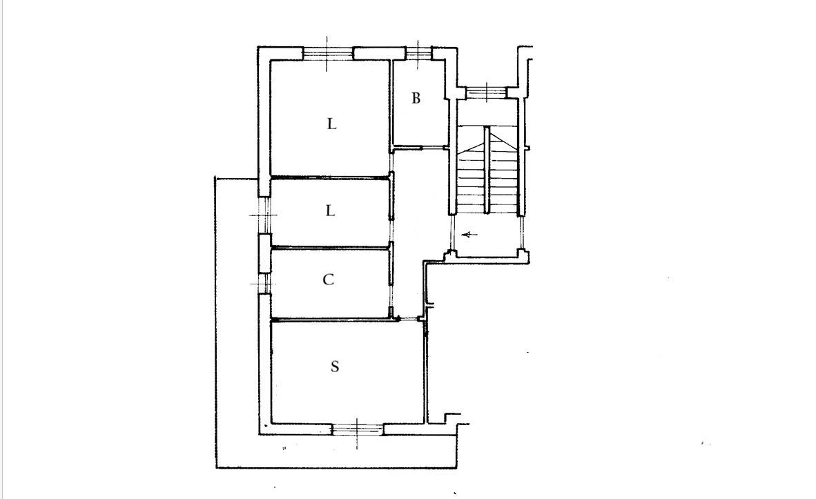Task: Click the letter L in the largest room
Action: [x=331, y=124]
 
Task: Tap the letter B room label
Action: [x=416, y=98]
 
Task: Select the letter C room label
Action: [x=328, y=280]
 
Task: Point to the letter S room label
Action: [x=335, y=367]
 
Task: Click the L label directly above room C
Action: [x=330, y=211]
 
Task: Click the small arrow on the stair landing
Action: [x=470, y=235]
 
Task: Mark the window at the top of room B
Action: [x=419, y=52]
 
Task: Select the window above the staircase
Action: [x=486, y=92]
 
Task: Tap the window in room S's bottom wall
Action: [x=358, y=429]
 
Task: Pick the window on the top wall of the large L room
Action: [x=328, y=53]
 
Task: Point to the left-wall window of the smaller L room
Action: [x=265, y=215]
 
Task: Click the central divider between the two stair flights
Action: [x=487, y=170]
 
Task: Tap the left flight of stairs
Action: [x=470, y=177]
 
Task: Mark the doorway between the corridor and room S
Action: [x=411, y=319]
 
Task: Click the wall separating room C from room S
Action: [x=333, y=319]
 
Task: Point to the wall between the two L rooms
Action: [x=331, y=178]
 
